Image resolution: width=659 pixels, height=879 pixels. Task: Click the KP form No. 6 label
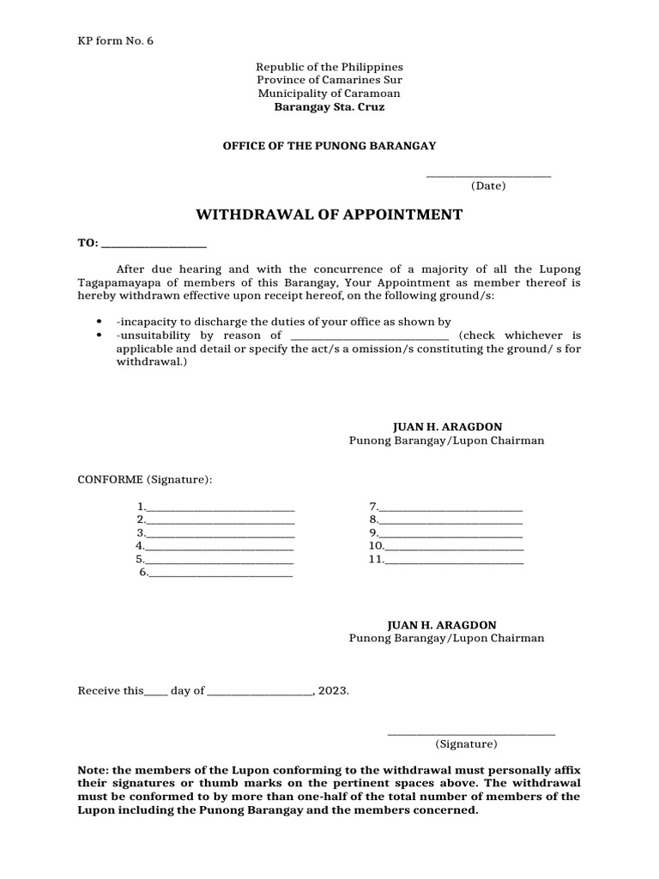click(116, 40)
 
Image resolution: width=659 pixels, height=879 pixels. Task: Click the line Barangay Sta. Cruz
click(329, 107)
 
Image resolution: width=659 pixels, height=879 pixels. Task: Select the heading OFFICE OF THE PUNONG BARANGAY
click(329, 146)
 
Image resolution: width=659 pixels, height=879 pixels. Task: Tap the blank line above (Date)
click(488, 175)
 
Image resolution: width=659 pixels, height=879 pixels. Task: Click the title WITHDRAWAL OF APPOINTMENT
click(329, 215)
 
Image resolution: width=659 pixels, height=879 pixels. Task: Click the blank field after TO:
click(154, 245)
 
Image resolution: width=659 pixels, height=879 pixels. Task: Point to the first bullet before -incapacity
click(101, 322)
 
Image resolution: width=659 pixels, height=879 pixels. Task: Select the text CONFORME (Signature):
click(145, 478)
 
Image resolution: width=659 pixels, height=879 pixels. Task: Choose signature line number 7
click(450, 508)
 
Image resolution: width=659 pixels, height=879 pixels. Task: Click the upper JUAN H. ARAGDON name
click(446, 427)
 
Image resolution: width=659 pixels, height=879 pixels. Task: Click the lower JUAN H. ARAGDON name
click(446, 625)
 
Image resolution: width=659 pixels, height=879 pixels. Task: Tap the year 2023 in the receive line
click(334, 690)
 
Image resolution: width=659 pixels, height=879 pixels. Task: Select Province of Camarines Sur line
click(329, 80)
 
